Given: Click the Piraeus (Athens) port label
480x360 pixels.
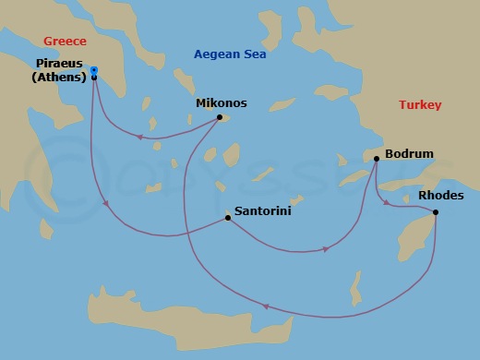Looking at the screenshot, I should [56, 71].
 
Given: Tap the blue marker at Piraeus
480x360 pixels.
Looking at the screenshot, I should [94, 70].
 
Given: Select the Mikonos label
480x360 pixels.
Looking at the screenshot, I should [220, 103].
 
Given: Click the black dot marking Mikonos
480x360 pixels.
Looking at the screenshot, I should [219, 117].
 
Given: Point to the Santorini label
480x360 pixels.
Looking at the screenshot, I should [260, 210].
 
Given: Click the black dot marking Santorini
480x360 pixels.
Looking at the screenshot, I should [227, 218].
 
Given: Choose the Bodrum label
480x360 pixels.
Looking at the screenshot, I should [408, 154].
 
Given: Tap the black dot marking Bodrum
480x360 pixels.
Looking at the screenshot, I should [377, 160].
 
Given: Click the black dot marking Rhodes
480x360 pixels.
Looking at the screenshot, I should [435, 213].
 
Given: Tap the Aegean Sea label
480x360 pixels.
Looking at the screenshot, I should [230, 54].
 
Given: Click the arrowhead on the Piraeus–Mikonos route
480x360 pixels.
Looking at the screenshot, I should [139, 138].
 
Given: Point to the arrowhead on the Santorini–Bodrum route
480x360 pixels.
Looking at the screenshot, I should [326, 248].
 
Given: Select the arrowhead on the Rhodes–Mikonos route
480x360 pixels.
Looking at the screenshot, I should [266, 307].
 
